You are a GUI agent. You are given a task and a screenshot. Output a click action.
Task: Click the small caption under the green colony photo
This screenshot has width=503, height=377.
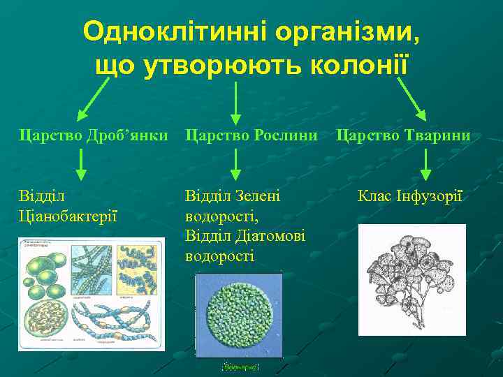click(238, 366)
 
